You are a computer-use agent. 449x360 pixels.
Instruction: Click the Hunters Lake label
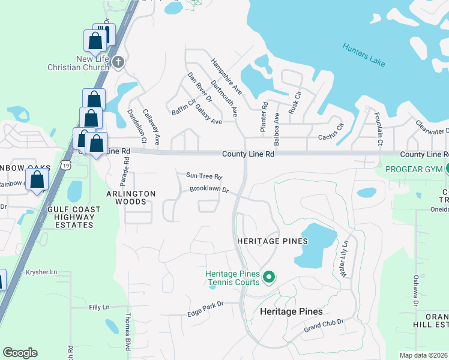pyautogui.click(x=364, y=55)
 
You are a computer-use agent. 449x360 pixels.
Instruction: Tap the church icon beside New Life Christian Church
pyautogui.click(x=118, y=61)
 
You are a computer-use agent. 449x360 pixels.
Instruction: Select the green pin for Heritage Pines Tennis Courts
pyautogui.click(x=269, y=277)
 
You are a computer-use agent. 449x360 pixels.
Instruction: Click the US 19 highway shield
pyautogui.click(x=66, y=164)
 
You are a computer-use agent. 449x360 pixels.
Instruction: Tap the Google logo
pyautogui.click(x=20, y=353)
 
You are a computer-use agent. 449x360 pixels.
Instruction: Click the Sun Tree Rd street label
pyautogui.click(x=204, y=176)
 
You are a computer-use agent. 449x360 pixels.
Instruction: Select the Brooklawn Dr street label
pyautogui.click(x=209, y=190)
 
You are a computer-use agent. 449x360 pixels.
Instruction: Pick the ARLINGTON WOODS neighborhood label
pyautogui.click(x=131, y=198)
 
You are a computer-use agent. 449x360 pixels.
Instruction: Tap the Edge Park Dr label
pyautogui.click(x=205, y=305)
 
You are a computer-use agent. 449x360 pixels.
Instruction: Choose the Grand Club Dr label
pyautogui.click(x=323, y=326)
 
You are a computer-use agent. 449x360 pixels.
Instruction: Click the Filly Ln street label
pyautogui.click(x=99, y=307)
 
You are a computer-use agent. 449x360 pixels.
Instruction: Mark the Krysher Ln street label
pyautogui.click(x=41, y=272)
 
